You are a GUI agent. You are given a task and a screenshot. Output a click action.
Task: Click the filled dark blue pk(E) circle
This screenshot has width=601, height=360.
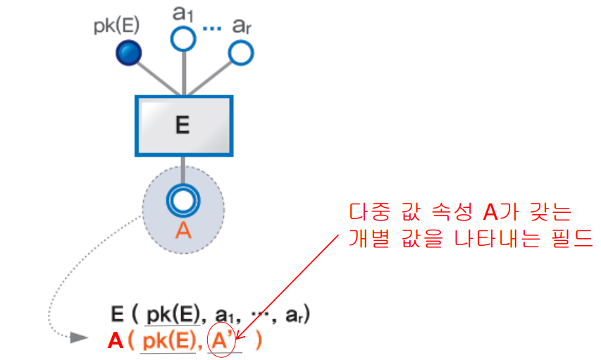point(128,52)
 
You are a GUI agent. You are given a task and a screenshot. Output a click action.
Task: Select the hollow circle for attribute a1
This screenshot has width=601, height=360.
point(183,39)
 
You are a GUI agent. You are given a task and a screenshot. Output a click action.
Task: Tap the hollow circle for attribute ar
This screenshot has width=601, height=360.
point(240,51)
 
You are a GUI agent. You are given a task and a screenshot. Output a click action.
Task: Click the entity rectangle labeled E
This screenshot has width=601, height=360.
point(183,125)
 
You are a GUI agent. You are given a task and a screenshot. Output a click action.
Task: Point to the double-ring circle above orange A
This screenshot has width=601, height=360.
point(182,201)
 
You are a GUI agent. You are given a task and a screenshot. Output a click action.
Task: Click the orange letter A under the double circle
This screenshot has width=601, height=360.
point(182,230)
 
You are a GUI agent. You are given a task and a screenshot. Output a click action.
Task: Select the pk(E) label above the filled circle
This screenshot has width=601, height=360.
point(116,26)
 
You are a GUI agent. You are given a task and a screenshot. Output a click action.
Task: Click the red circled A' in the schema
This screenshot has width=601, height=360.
point(222,341)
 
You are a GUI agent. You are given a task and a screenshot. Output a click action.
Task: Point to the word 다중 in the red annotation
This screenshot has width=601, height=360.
point(371,212)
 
